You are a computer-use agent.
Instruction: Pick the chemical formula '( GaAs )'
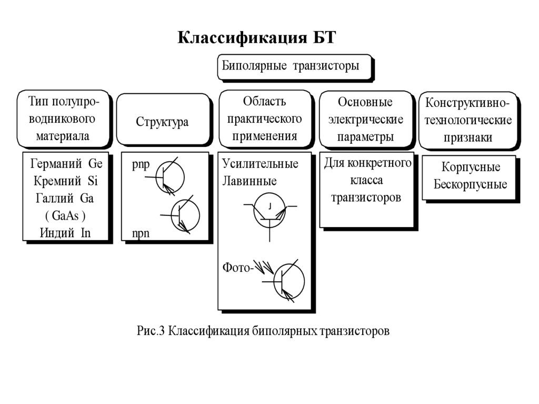click(66, 216)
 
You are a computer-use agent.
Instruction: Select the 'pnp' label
click(141, 164)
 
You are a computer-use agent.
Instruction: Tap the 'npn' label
click(141, 234)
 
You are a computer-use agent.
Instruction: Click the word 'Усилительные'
click(260, 163)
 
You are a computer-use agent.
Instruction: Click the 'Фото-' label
click(238, 268)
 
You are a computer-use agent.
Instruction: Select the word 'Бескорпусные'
click(470, 185)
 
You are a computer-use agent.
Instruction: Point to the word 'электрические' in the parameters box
click(366, 119)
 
